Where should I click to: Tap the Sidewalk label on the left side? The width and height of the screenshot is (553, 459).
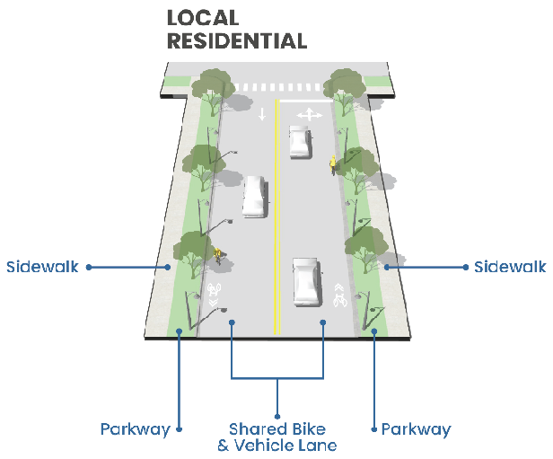pos(42,267)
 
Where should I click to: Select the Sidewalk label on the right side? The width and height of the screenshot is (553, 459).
pos(511,267)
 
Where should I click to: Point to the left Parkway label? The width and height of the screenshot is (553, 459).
pos(136,429)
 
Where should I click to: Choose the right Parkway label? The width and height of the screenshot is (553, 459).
pos(416,429)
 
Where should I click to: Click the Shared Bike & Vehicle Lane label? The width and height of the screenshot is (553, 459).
pos(276,437)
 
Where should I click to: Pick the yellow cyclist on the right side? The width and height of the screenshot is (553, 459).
pos(333,165)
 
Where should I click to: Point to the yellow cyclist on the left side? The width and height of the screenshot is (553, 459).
pos(217,255)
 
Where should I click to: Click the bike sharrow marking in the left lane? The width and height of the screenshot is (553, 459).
pos(215,294)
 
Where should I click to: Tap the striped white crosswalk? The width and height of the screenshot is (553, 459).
pos(276,87)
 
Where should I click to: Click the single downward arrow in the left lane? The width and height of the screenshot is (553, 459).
pos(262,115)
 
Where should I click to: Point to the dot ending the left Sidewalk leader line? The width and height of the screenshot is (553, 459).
pos(167,267)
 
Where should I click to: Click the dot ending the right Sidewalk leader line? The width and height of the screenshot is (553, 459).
pos(387,267)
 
